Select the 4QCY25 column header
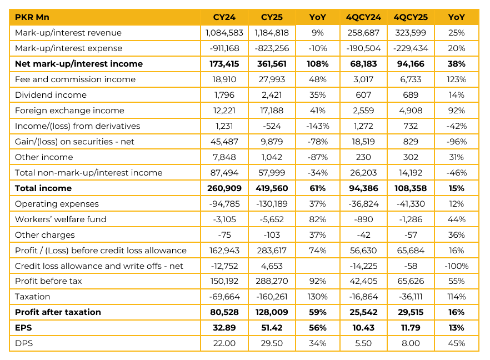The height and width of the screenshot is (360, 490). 409,17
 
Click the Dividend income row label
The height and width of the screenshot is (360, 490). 51,95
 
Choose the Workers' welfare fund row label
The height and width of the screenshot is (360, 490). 61,219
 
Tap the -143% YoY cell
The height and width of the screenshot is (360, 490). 317,126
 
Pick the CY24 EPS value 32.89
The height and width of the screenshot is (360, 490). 224,328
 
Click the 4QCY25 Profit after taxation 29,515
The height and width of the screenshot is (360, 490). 409,312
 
